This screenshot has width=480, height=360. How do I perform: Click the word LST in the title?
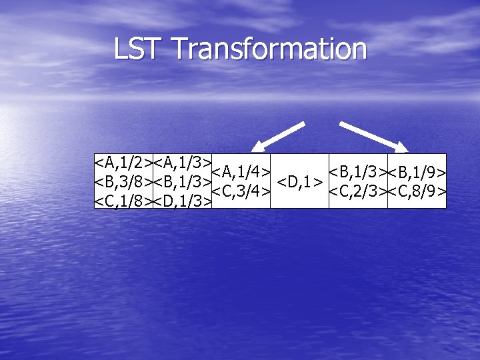[139, 49]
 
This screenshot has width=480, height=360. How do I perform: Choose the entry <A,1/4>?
[241, 172]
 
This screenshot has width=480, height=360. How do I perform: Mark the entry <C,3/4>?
[241, 191]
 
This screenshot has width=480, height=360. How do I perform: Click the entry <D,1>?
[300, 181]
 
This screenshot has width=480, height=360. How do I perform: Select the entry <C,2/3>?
[358, 191]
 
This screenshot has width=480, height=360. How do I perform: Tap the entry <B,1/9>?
[417, 173]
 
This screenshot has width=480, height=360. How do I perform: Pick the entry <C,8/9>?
[417, 191]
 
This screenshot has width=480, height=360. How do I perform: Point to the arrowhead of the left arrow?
[257, 147]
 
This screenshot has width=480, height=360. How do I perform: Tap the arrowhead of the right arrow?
[403, 147]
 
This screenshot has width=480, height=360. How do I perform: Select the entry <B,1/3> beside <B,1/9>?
[358, 172]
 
